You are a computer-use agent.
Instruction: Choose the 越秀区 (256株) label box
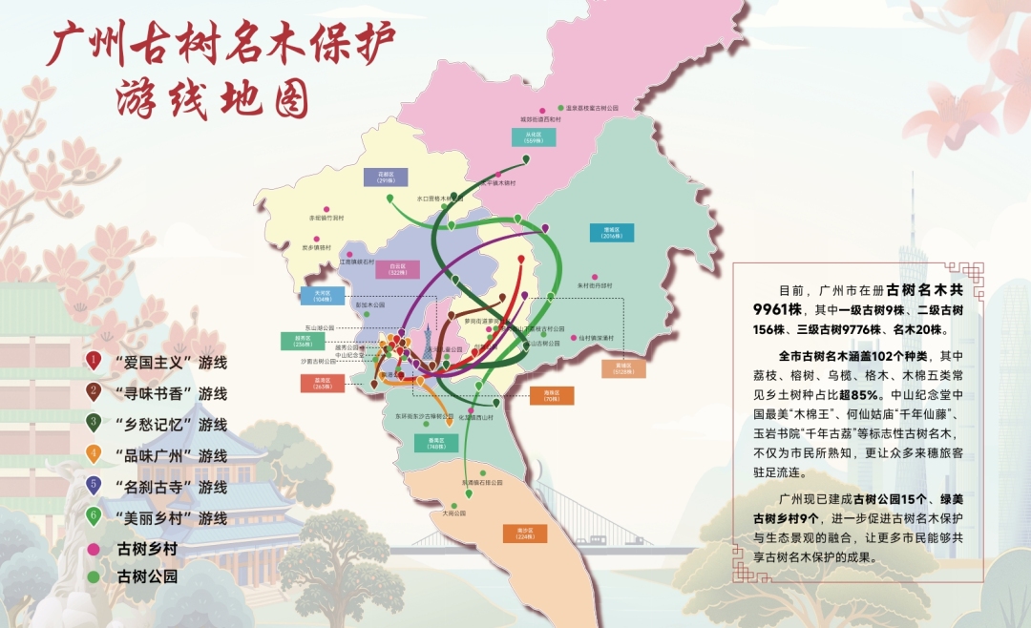(x=303, y=340)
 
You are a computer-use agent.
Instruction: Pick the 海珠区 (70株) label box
(x=552, y=395)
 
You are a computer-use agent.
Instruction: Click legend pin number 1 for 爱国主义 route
(x=94, y=361)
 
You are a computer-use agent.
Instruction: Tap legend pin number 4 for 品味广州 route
(x=94, y=454)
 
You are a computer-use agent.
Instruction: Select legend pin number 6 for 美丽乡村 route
(x=94, y=516)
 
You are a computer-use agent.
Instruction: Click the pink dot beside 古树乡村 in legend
(x=94, y=548)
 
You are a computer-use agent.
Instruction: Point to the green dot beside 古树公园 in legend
(x=94, y=576)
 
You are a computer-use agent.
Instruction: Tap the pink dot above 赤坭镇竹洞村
(x=326, y=206)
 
